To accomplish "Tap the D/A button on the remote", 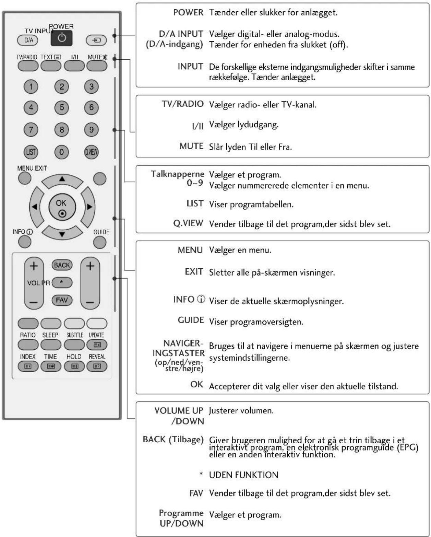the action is [x=28, y=40].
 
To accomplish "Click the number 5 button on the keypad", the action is [x=62, y=107].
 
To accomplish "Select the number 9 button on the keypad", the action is [x=91, y=130].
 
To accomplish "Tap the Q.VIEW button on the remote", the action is [x=91, y=152].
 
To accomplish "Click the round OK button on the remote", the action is [x=62, y=207].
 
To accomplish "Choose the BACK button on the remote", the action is [x=62, y=265].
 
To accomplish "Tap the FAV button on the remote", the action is [x=62, y=300].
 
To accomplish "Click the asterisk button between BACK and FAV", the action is [x=62, y=282].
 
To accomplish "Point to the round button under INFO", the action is [x=25, y=242].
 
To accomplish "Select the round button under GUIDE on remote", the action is [x=100, y=242].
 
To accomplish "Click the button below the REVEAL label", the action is [x=97, y=366].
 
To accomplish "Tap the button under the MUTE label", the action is [x=97, y=66].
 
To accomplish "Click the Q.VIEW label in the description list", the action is [x=188, y=223].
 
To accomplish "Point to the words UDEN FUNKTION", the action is [x=243, y=475].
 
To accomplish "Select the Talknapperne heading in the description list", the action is [x=178, y=174].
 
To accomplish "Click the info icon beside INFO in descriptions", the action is [x=201, y=299].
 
